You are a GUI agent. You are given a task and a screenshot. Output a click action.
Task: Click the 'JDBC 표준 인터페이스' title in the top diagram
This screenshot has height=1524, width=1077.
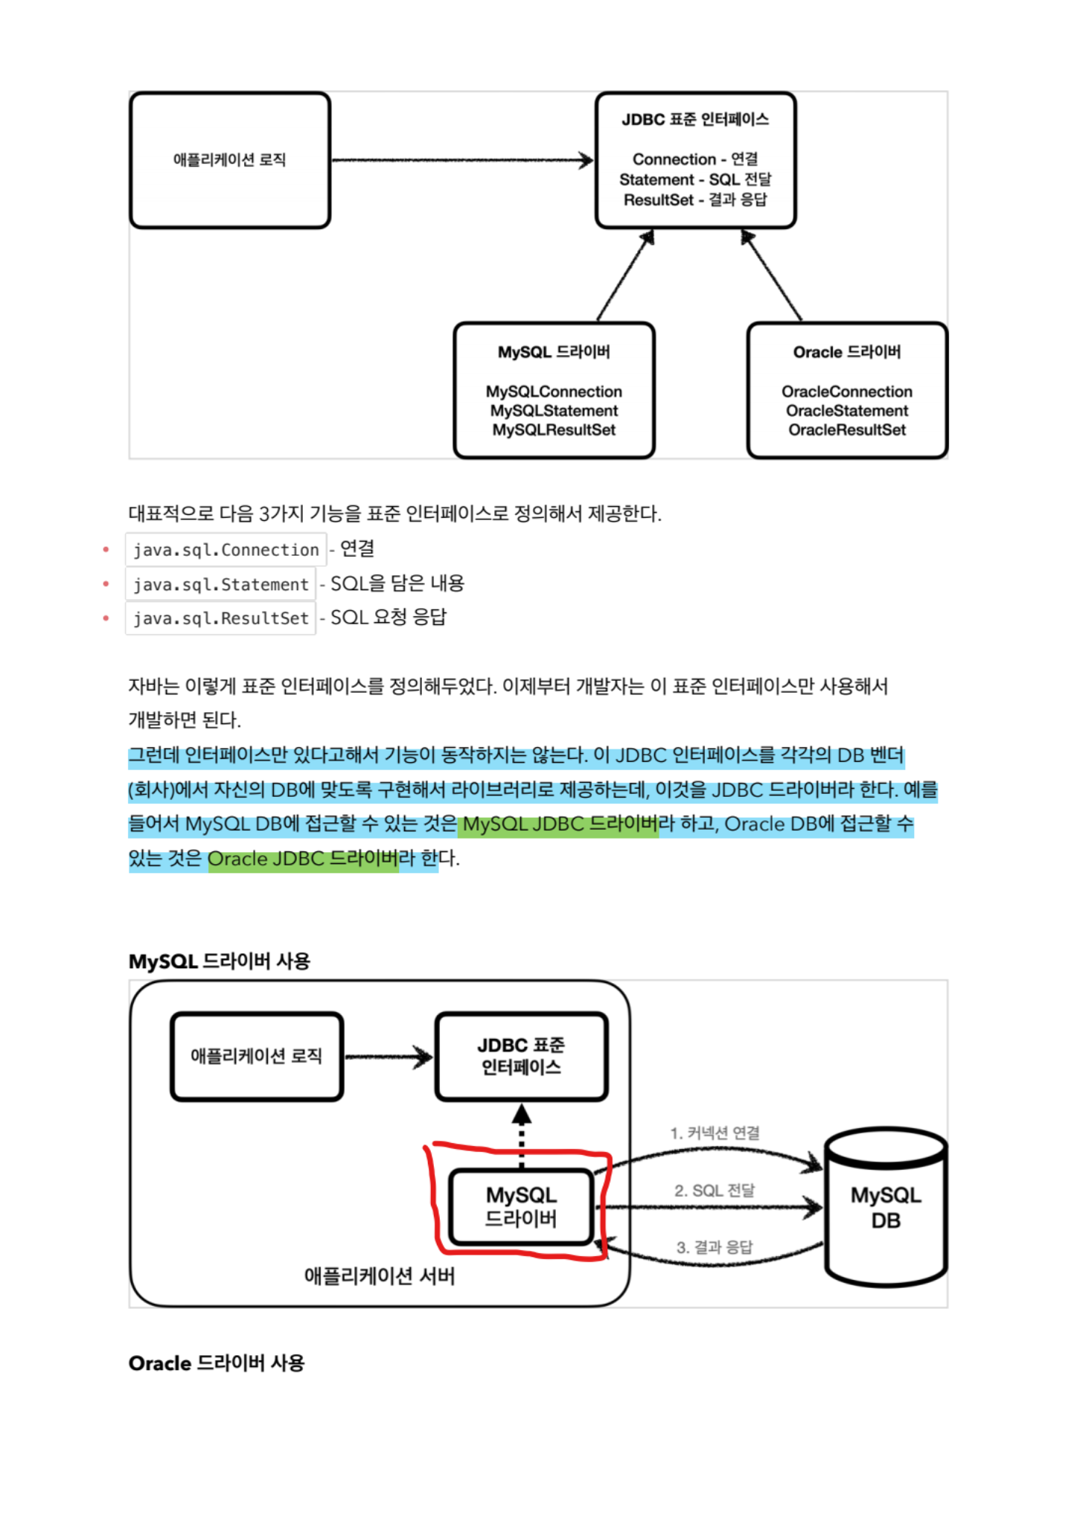pyautogui.click(x=695, y=119)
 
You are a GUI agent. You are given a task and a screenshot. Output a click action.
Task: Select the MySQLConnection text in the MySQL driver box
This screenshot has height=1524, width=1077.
pyautogui.click(x=554, y=391)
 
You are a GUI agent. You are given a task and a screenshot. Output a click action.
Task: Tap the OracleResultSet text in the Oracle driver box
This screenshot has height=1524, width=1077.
pyautogui.click(x=847, y=430)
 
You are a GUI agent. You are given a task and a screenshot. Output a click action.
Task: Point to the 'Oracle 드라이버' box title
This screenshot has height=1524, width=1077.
pyautogui.click(x=847, y=352)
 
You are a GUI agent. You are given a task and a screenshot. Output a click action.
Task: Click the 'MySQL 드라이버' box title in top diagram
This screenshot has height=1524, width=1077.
pyautogui.click(x=554, y=352)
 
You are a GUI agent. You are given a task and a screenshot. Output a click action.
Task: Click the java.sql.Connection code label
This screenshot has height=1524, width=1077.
pyautogui.click(x=226, y=550)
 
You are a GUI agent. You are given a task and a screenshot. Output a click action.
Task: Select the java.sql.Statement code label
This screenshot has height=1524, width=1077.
pyautogui.click(x=220, y=585)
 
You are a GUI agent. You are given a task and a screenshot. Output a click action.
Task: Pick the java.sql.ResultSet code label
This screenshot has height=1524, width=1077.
pyautogui.click(x=220, y=618)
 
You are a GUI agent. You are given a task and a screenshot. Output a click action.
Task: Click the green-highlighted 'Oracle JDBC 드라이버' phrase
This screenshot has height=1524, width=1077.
pyautogui.click(x=303, y=859)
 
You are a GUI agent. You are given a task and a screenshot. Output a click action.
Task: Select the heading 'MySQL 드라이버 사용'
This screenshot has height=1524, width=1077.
pyautogui.click(x=219, y=961)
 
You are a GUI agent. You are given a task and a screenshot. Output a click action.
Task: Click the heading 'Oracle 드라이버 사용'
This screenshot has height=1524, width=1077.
pyautogui.click(x=217, y=1363)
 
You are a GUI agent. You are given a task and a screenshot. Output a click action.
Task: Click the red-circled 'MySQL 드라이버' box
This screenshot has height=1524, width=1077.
pyautogui.click(x=521, y=1206)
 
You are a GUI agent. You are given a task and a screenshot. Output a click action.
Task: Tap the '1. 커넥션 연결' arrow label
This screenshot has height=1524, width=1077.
pyautogui.click(x=715, y=1133)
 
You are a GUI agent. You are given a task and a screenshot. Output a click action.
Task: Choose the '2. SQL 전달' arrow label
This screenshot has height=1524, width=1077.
pyautogui.click(x=715, y=1191)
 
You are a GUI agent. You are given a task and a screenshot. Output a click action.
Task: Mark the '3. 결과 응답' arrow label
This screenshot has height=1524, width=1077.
pyautogui.click(x=715, y=1247)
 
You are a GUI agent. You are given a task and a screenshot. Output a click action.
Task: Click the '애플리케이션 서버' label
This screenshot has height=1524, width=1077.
pyautogui.click(x=379, y=1276)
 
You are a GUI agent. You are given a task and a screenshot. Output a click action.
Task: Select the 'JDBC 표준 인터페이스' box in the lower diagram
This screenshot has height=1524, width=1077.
pyautogui.click(x=521, y=1056)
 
